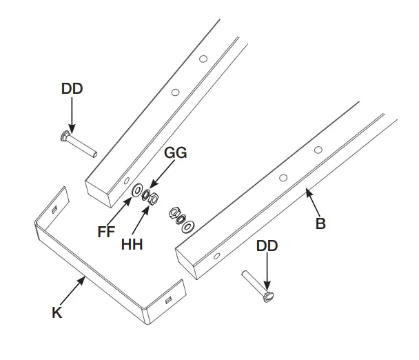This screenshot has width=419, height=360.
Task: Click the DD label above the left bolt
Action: (72, 88)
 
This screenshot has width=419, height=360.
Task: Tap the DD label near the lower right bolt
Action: (267, 246)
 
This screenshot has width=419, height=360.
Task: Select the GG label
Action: (175, 153)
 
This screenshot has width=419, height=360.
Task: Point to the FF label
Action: (107, 232)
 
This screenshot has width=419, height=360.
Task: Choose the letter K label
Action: (57, 312)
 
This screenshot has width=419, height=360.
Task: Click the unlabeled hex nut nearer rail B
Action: (174, 214)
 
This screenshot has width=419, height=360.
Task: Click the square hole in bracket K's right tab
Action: (167, 301)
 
